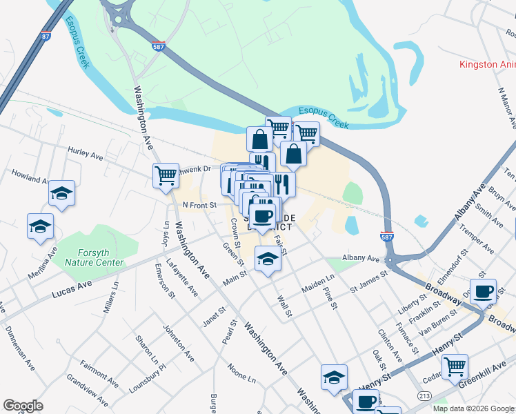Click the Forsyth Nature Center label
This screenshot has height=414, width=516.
click(x=94, y=257)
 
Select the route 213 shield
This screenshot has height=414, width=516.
click(x=424, y=395)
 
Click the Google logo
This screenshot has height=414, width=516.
click(x=23, y=406)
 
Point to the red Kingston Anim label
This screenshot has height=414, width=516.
click(x=488, y=64)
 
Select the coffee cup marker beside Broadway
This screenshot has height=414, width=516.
click(x=483, y=290)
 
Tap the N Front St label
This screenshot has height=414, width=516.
click(x=199, y=205)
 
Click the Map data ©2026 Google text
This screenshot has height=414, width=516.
click(x=473, y=408)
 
